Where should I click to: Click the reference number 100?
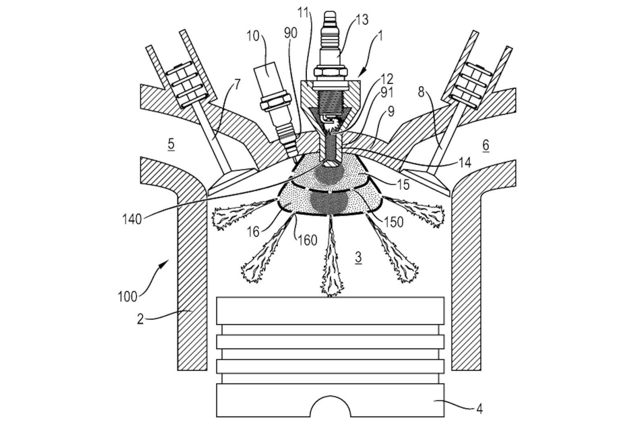(127, 297)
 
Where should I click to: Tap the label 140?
(132, 219)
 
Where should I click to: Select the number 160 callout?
(308, 240)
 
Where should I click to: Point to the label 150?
(394, 222)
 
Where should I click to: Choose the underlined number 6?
(485, 146)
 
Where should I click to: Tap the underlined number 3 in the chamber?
(358, 257)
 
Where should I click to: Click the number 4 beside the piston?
(479, 408)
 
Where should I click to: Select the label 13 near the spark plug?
(362, 20)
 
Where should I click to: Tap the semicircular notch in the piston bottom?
(330, 406)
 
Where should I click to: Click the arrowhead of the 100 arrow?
(165, 264)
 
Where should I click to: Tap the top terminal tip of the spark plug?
(330, 14)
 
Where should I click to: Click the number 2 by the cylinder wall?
(140, 319)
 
